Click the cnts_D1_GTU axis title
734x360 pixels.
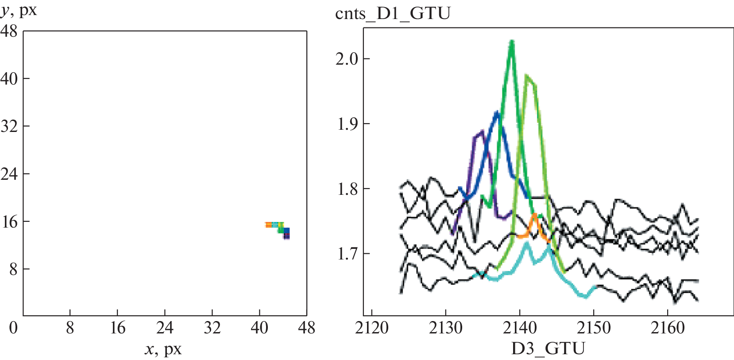(393, 14)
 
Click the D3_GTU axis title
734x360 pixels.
(548, 349)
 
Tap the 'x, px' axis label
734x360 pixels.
(163, 349)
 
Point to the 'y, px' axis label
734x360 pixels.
(19, 10)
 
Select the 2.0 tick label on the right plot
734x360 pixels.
(347, 58)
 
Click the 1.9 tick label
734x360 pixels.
(347, 124)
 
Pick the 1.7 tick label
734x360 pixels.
(347, 254)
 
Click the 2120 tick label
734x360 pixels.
(372, 328)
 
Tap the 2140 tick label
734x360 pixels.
(520, 328)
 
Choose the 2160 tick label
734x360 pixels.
(668, 328)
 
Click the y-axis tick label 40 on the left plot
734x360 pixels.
(9, 79)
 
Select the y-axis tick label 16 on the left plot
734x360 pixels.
(9, 221)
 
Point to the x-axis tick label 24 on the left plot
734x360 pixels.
(165, 328)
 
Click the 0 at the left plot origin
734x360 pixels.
(13, 328)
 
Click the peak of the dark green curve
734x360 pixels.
(512, 42)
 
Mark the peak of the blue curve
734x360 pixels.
(497, 113)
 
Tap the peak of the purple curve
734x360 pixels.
(482, 131)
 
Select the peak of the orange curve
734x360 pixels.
(535, 215)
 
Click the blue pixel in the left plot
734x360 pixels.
(286, 231)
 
